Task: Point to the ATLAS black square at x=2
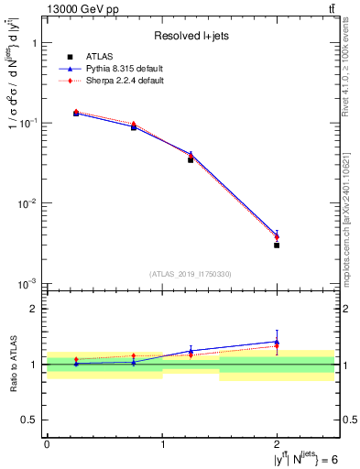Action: click(x=277, y=245)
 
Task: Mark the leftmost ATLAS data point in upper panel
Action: click(x=76, y=114)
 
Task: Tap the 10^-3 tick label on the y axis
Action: click(x=27, y=283)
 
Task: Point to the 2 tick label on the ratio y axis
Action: click(x=34, y=310)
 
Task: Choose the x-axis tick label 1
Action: click(x=162, y=443)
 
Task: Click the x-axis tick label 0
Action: click(x=47, y=443)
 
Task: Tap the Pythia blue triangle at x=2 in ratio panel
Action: click(x=277, y=341)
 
